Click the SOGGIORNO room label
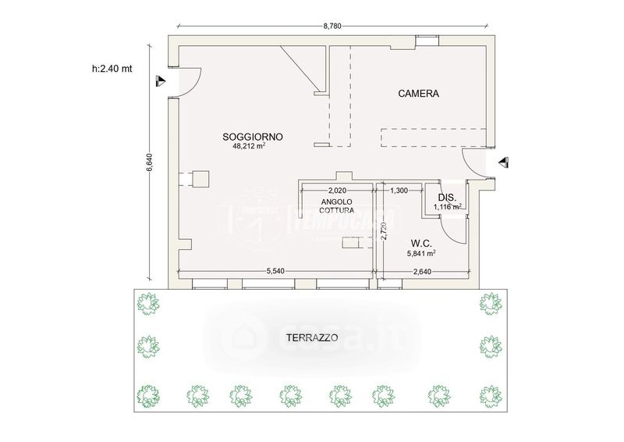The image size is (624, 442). [252, 137]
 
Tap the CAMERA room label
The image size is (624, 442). [418, 94]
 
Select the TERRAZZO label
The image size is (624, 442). [312, 338]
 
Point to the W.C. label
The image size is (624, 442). [421, 243]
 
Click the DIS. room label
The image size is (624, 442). [447, 198]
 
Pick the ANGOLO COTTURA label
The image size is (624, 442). [337, 206]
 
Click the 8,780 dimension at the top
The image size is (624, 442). [332, 27]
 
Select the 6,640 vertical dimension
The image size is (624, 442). [150, 162]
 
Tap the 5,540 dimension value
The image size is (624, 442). [275, 272]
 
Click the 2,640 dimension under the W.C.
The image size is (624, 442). [422, 272]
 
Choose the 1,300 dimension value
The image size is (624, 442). [399, 191]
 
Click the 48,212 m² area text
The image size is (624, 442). [249, 146]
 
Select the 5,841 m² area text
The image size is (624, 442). [421, 253]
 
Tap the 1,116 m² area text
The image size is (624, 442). [447, 206]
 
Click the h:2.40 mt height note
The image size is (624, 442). [112, 69]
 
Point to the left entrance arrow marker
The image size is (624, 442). [160, 81]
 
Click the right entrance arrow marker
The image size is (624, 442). [504, 162]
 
